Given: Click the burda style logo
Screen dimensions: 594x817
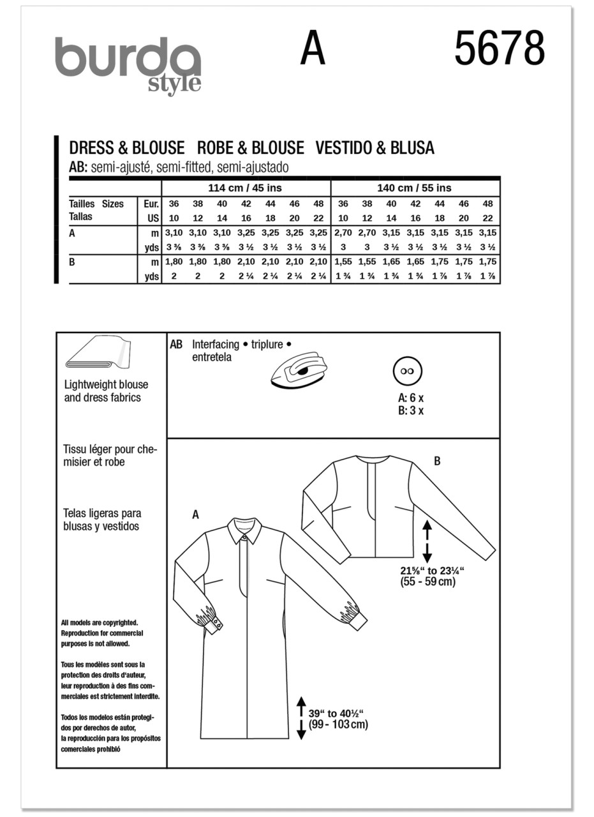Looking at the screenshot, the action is [x=128, y=64].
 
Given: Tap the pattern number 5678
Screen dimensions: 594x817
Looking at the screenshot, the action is [x=499, y=49].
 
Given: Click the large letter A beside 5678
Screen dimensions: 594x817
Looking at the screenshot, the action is [x=313, y=49].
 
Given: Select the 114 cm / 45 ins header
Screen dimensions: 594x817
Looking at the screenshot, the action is [x=245, y=188].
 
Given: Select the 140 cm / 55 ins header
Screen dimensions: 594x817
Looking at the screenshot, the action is [x=415, y=188].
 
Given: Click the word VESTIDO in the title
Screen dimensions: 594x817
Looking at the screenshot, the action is [x=349, y=148].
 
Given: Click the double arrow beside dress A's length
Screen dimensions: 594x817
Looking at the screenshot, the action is [x=301, y=718].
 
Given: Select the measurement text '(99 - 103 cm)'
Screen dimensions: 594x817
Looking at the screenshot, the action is [x=338, y=724].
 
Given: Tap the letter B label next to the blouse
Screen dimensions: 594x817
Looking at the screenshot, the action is [x=437, y=461].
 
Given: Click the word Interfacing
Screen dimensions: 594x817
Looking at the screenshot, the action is [x=216, y=344].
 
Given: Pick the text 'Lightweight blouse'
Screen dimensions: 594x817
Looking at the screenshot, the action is [x=106, y=385].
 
